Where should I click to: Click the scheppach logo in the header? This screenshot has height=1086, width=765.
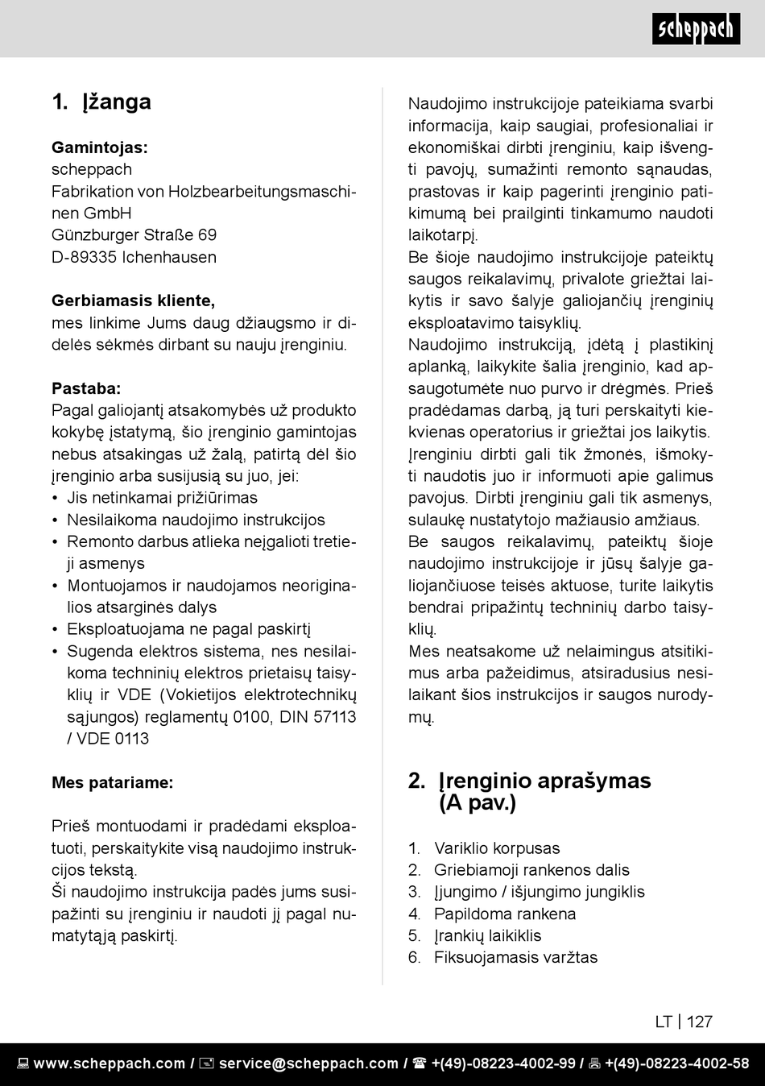696,29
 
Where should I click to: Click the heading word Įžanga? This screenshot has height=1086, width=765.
117,102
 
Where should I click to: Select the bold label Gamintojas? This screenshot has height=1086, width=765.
100,147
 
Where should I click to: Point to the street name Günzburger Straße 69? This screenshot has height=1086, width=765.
134,235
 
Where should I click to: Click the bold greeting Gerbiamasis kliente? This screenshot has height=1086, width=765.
133,301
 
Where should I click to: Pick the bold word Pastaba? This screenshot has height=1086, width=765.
86,388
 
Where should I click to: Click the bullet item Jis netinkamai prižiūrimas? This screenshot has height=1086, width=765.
162,498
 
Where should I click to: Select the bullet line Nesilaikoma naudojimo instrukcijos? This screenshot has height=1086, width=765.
196,520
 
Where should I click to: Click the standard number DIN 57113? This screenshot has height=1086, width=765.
317,716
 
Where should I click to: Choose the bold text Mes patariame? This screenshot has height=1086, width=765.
112,782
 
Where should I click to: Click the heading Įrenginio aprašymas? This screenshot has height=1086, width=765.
544,781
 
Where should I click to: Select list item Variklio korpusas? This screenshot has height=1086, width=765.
497,848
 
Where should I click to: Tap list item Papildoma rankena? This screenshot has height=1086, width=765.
505,914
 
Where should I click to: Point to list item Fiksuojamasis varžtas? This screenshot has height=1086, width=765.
515,957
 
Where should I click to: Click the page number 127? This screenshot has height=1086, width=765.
699,1022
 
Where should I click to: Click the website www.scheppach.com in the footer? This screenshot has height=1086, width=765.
110,1063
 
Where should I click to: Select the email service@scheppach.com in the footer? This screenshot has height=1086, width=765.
308,1063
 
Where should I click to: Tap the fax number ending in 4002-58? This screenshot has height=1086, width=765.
676,1063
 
